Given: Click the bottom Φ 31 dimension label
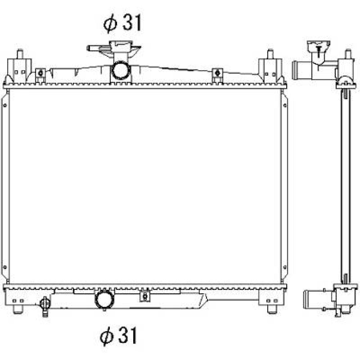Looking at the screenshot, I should pyautogui.click(x=118, y=336).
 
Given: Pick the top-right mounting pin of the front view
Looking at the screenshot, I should pyautogui.click(x=270, y=54).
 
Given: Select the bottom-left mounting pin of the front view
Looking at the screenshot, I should pyautogui.click(x=17, y=309).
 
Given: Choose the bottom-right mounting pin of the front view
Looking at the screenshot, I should pyautogui.click(x=272, y=309).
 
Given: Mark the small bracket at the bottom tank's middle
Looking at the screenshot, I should pyautogui.click(x=145, y=296).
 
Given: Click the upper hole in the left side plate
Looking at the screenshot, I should pyautogui.click(x=5, y=105).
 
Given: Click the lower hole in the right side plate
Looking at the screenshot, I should pyautogui.click(x=285, y=267).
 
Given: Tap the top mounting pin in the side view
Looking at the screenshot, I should pyautogui.click(x=348, y=54).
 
